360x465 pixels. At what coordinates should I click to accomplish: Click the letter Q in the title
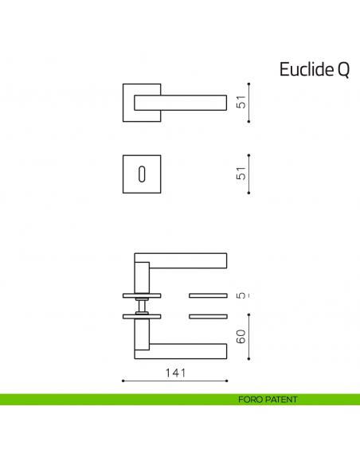[x=342, y=69]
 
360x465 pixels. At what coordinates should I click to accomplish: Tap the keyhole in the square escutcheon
[x=143, y=174]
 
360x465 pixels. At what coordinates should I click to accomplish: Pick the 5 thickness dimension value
[x=241, y=295]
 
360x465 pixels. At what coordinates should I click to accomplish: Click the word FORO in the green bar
[x=250, y=399]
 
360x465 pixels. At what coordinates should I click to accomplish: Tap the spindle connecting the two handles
[x=142, y=306]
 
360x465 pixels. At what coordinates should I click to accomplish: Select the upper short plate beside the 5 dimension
[x=209, y=295]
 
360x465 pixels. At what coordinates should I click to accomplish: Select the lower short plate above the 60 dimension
[x=209, y=316]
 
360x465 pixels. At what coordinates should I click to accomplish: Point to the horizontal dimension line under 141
[x=174, y=381]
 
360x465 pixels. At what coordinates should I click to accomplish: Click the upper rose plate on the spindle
[x=142, y=295]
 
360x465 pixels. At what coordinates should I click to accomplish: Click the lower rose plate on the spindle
[x=142, y=316]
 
